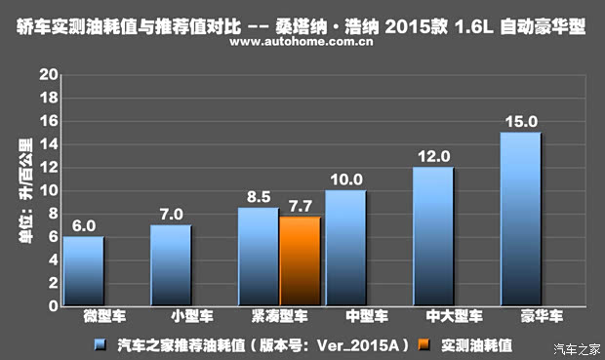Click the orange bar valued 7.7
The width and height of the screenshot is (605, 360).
[x=300, y=260]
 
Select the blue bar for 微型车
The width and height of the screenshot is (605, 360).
[x=84, y=270]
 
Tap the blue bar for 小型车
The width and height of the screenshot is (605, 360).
[x=171, y=264]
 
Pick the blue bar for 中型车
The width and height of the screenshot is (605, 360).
[x=345, y=247]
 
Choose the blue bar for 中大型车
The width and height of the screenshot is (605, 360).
[x=432, y=236]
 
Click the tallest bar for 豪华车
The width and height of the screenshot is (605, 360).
[x=520, y=219]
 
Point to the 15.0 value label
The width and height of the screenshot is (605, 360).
[x=520, y=122]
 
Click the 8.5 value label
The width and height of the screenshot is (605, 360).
[x=259, y=196]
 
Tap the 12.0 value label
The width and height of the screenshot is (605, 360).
[x=432, y=156]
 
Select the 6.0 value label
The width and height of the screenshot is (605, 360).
[x=84, y=225]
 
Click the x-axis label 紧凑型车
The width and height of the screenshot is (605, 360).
[x=279, y=317]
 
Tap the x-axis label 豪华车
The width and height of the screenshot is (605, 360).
[x=520, y=317]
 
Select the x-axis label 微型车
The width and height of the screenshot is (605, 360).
[x=84, y=317]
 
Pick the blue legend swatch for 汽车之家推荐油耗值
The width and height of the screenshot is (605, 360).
[x=100, y=343]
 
